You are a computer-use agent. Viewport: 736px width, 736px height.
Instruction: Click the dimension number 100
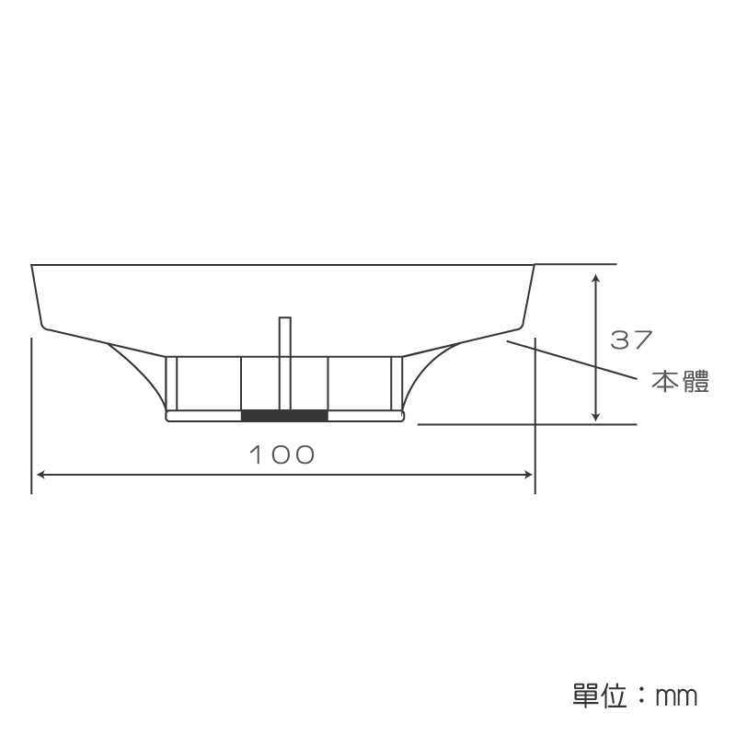(282, 454)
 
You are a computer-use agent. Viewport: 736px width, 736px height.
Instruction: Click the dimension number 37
(631, 340)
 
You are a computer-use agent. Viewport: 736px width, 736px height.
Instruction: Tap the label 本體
(681, 382)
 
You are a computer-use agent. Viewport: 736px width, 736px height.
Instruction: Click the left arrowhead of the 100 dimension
(39, 475)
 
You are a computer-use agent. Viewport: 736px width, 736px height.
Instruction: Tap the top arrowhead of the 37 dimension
(596, 277)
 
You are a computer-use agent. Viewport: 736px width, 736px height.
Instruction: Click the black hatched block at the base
(284, 416)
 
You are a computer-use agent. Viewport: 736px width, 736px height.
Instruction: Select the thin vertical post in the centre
(285, 359)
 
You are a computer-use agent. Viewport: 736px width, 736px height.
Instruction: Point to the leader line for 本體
(570, 359)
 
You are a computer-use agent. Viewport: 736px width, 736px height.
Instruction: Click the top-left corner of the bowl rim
(32, 266)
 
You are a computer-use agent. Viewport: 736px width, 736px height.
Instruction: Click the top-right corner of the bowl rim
(535, 265)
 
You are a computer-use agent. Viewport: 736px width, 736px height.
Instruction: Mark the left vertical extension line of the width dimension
(32, 414)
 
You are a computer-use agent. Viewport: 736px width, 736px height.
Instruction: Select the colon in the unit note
(641, 696)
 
